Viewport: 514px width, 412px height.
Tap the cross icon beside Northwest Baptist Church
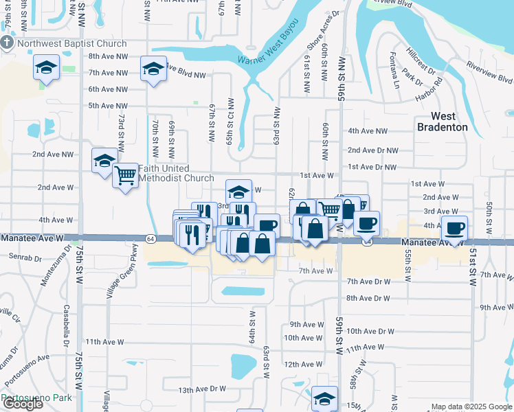(7, 43)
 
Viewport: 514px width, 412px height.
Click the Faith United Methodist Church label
(177, 173)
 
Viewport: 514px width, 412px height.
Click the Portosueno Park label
(37, 398)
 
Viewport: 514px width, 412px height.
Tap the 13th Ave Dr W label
(203, 389)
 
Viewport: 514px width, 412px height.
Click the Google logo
(23, 404)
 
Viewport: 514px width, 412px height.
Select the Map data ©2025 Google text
(471, 407)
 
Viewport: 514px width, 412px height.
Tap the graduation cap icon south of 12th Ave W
(324, 398)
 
